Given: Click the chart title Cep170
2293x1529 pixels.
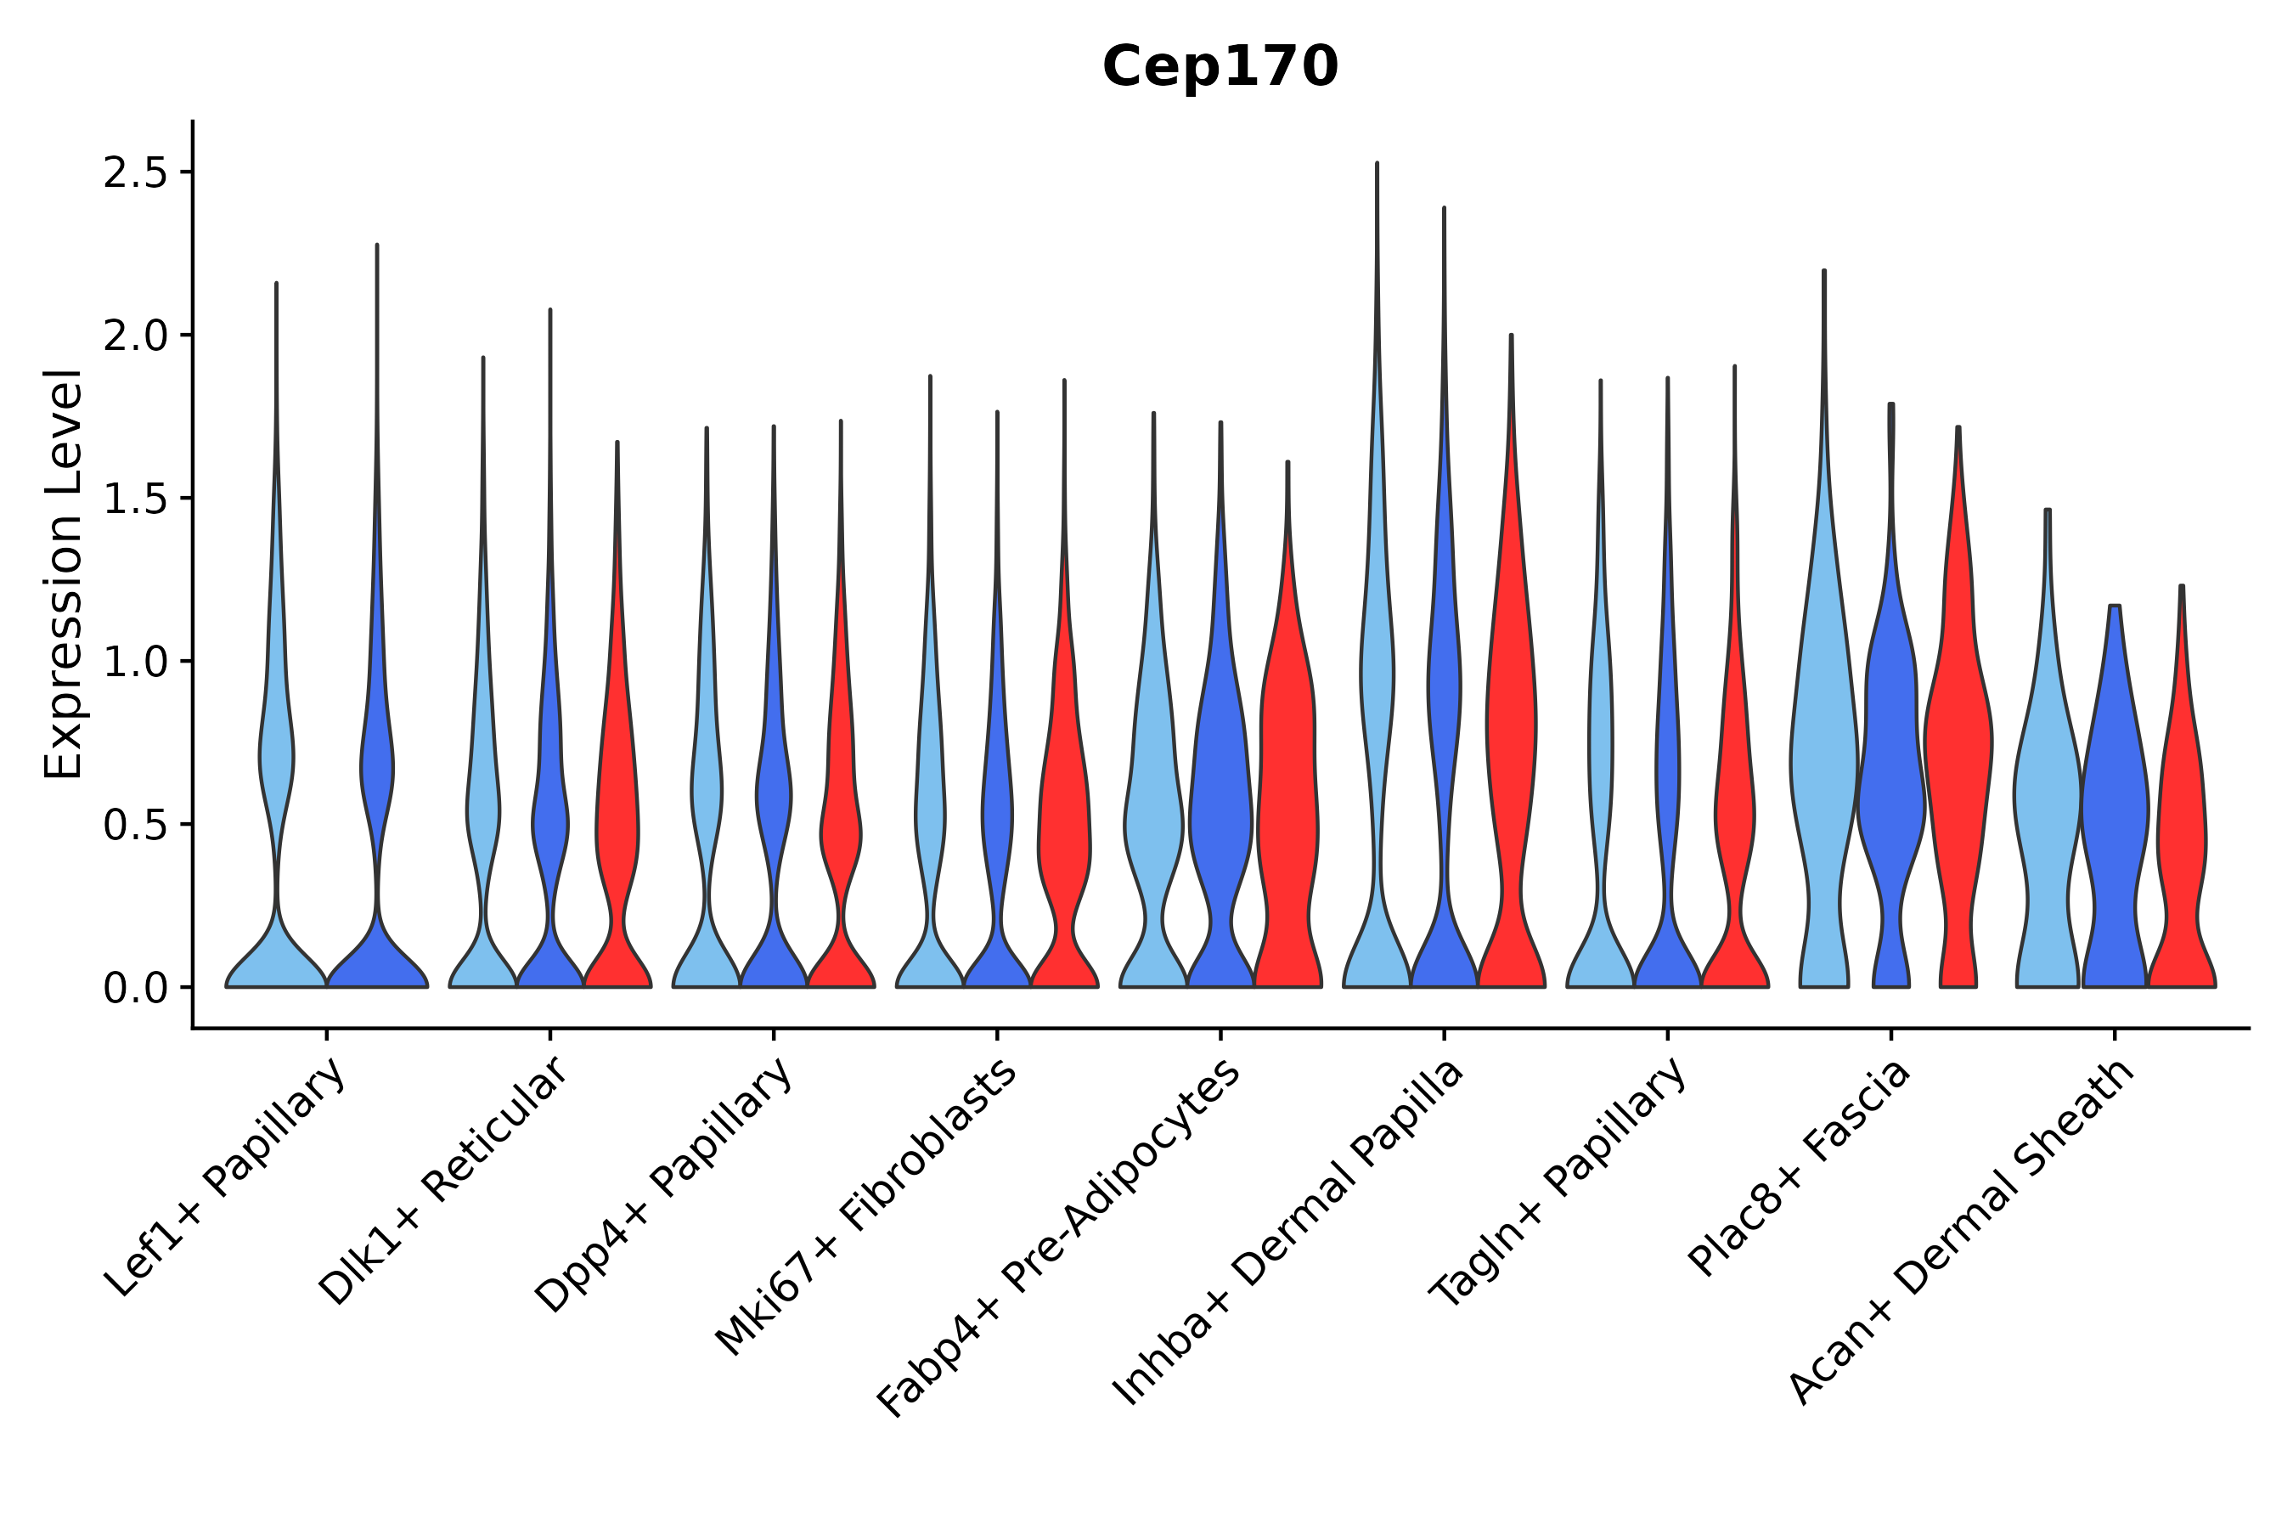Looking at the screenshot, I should [x=1220, y=67].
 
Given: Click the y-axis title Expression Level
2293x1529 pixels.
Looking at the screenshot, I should [x=64, y=573].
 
